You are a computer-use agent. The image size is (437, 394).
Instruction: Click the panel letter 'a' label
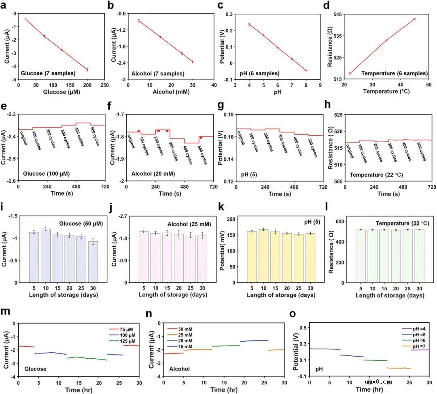[5, 5]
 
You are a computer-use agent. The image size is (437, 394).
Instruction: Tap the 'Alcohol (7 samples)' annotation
[158, 74]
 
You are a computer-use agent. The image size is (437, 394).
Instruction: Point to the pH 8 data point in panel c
[306, 70]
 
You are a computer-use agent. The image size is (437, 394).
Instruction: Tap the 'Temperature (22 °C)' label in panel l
[398, 223]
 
